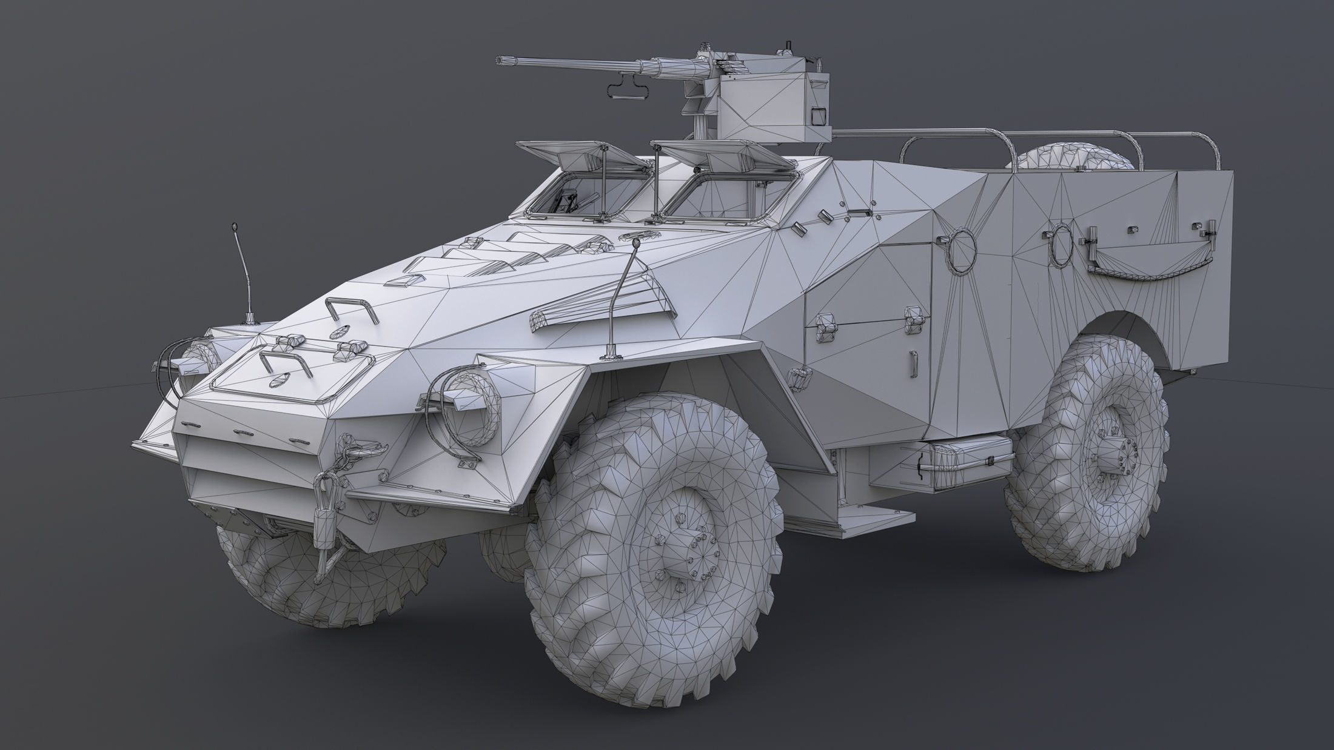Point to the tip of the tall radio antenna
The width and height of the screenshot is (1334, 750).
234,226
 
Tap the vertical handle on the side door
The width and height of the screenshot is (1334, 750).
914,364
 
